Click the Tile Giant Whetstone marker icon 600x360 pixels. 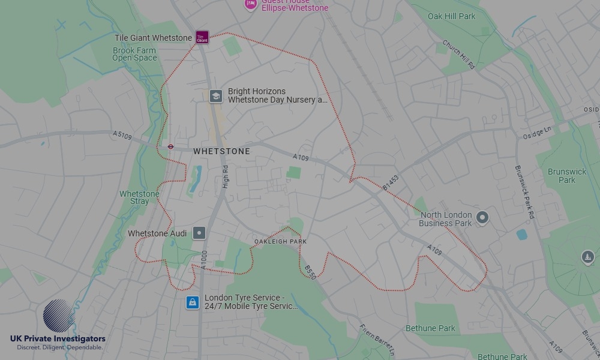click(x=202, y=37)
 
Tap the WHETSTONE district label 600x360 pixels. click(x=221, y=152)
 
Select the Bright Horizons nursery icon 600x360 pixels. click(x=215, y=96)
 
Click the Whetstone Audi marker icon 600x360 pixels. click(x=199, y=233)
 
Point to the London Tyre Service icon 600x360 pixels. click(x=192, y=302)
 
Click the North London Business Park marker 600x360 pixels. click(x=482, y=217)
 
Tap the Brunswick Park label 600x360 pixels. click(x=566, y=176)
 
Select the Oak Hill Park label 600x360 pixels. click(x=451, y=16)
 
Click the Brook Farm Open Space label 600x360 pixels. click(x=134, y=55)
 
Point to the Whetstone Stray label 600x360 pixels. click(x=139, y=197)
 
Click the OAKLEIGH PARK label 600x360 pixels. click(x=280, y=241)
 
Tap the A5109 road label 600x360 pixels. click(x=122, y=136)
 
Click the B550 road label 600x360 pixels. click(x=310, y=272)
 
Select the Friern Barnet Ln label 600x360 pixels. click(x=376, y=338)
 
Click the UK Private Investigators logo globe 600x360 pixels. click(x=59, y=316)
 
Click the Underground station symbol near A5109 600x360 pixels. click(x=170, y=145)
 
